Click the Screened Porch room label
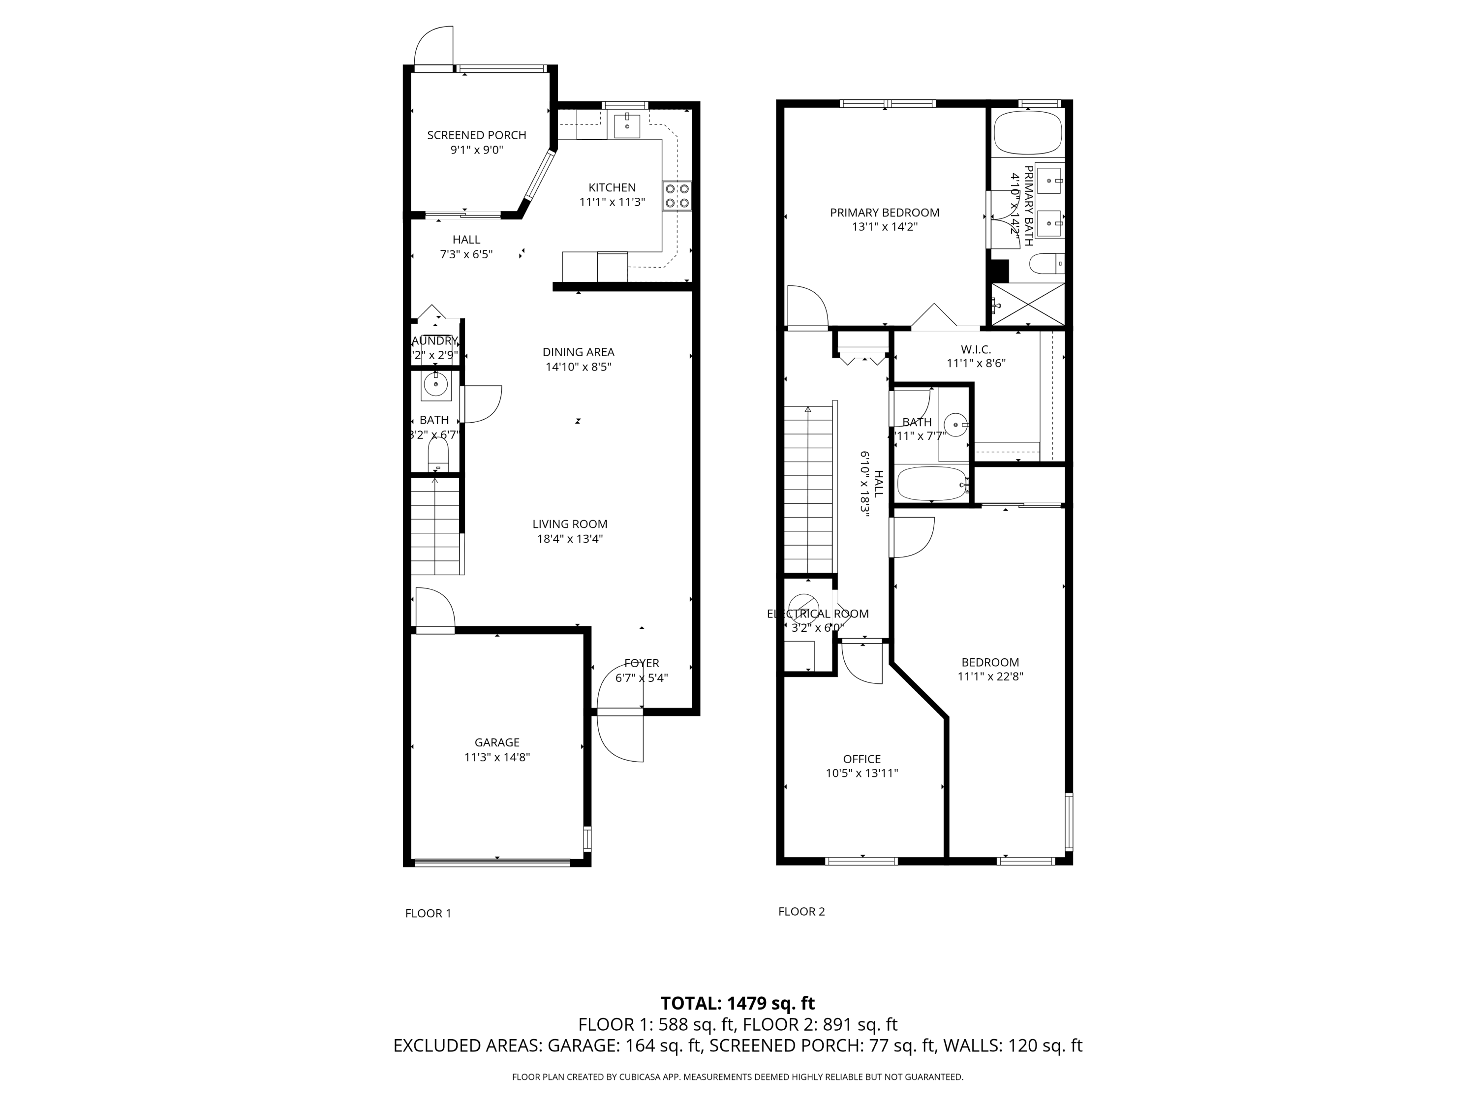tap(476, 135)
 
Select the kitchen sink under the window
tap(627, 125)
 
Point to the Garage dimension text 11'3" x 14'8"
tap(497, 757)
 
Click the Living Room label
tap(570, 524)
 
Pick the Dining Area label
tap(578, 352)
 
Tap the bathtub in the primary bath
tap(1027, 133)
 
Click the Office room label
tap(861, 759)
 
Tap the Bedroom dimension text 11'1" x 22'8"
tap(990, 676)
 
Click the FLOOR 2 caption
tap(801, 912)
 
